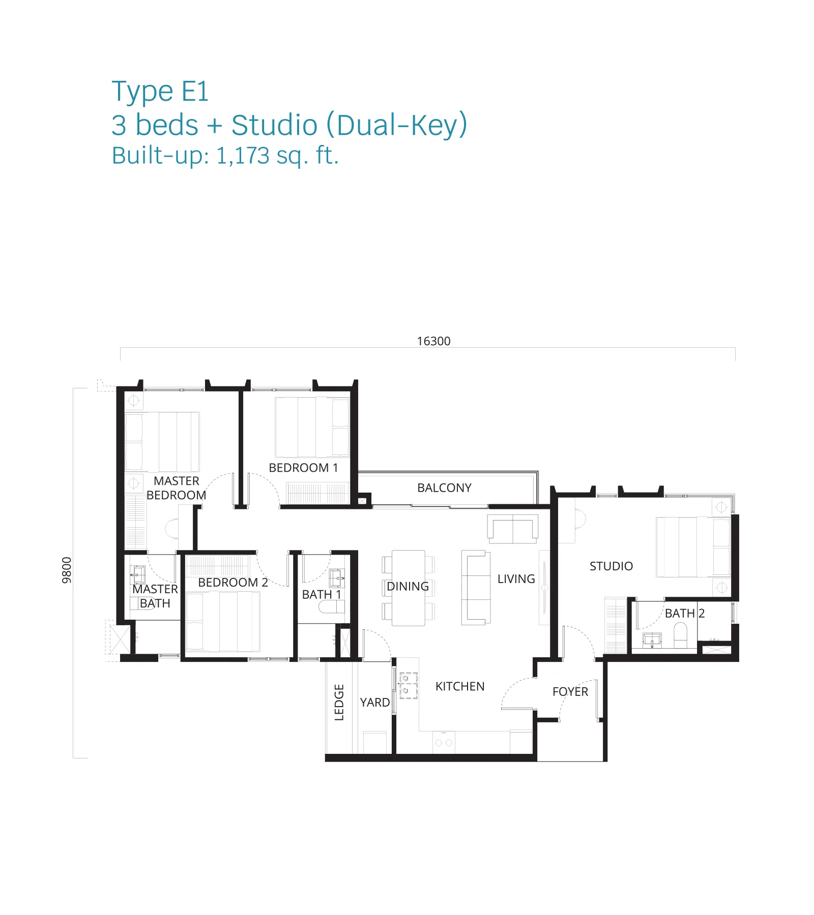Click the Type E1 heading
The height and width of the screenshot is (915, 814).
tap(160, 92)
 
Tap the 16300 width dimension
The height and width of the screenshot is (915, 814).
tap(433, 341)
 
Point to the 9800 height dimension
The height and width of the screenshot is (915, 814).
tap(67, 570)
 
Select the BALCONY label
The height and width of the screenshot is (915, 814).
tap(444, 488)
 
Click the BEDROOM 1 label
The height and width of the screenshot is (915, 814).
tap(303, 468)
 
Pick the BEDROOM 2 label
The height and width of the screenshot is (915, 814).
tap(233, 583)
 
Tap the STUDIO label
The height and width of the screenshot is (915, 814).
tap(611, 566)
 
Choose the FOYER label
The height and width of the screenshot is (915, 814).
tap(570, 692)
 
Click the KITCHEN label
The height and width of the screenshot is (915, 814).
tap(460, 686)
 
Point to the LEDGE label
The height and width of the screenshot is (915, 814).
tap(339, 703)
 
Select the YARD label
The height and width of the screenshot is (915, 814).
tap(375, 703)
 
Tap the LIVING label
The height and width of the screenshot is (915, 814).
tap(516, 579)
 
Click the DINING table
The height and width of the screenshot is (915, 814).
tap(409, 588)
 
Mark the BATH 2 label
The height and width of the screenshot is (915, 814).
tap(685, 614)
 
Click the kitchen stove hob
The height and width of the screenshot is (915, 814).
tap(408, 685)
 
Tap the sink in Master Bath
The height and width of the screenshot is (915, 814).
tap(137, 575)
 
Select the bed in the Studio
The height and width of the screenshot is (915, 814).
tap(693, 547)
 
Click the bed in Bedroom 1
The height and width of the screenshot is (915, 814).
tap(312, 427)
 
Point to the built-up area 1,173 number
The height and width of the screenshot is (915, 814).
tap(242, 156)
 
